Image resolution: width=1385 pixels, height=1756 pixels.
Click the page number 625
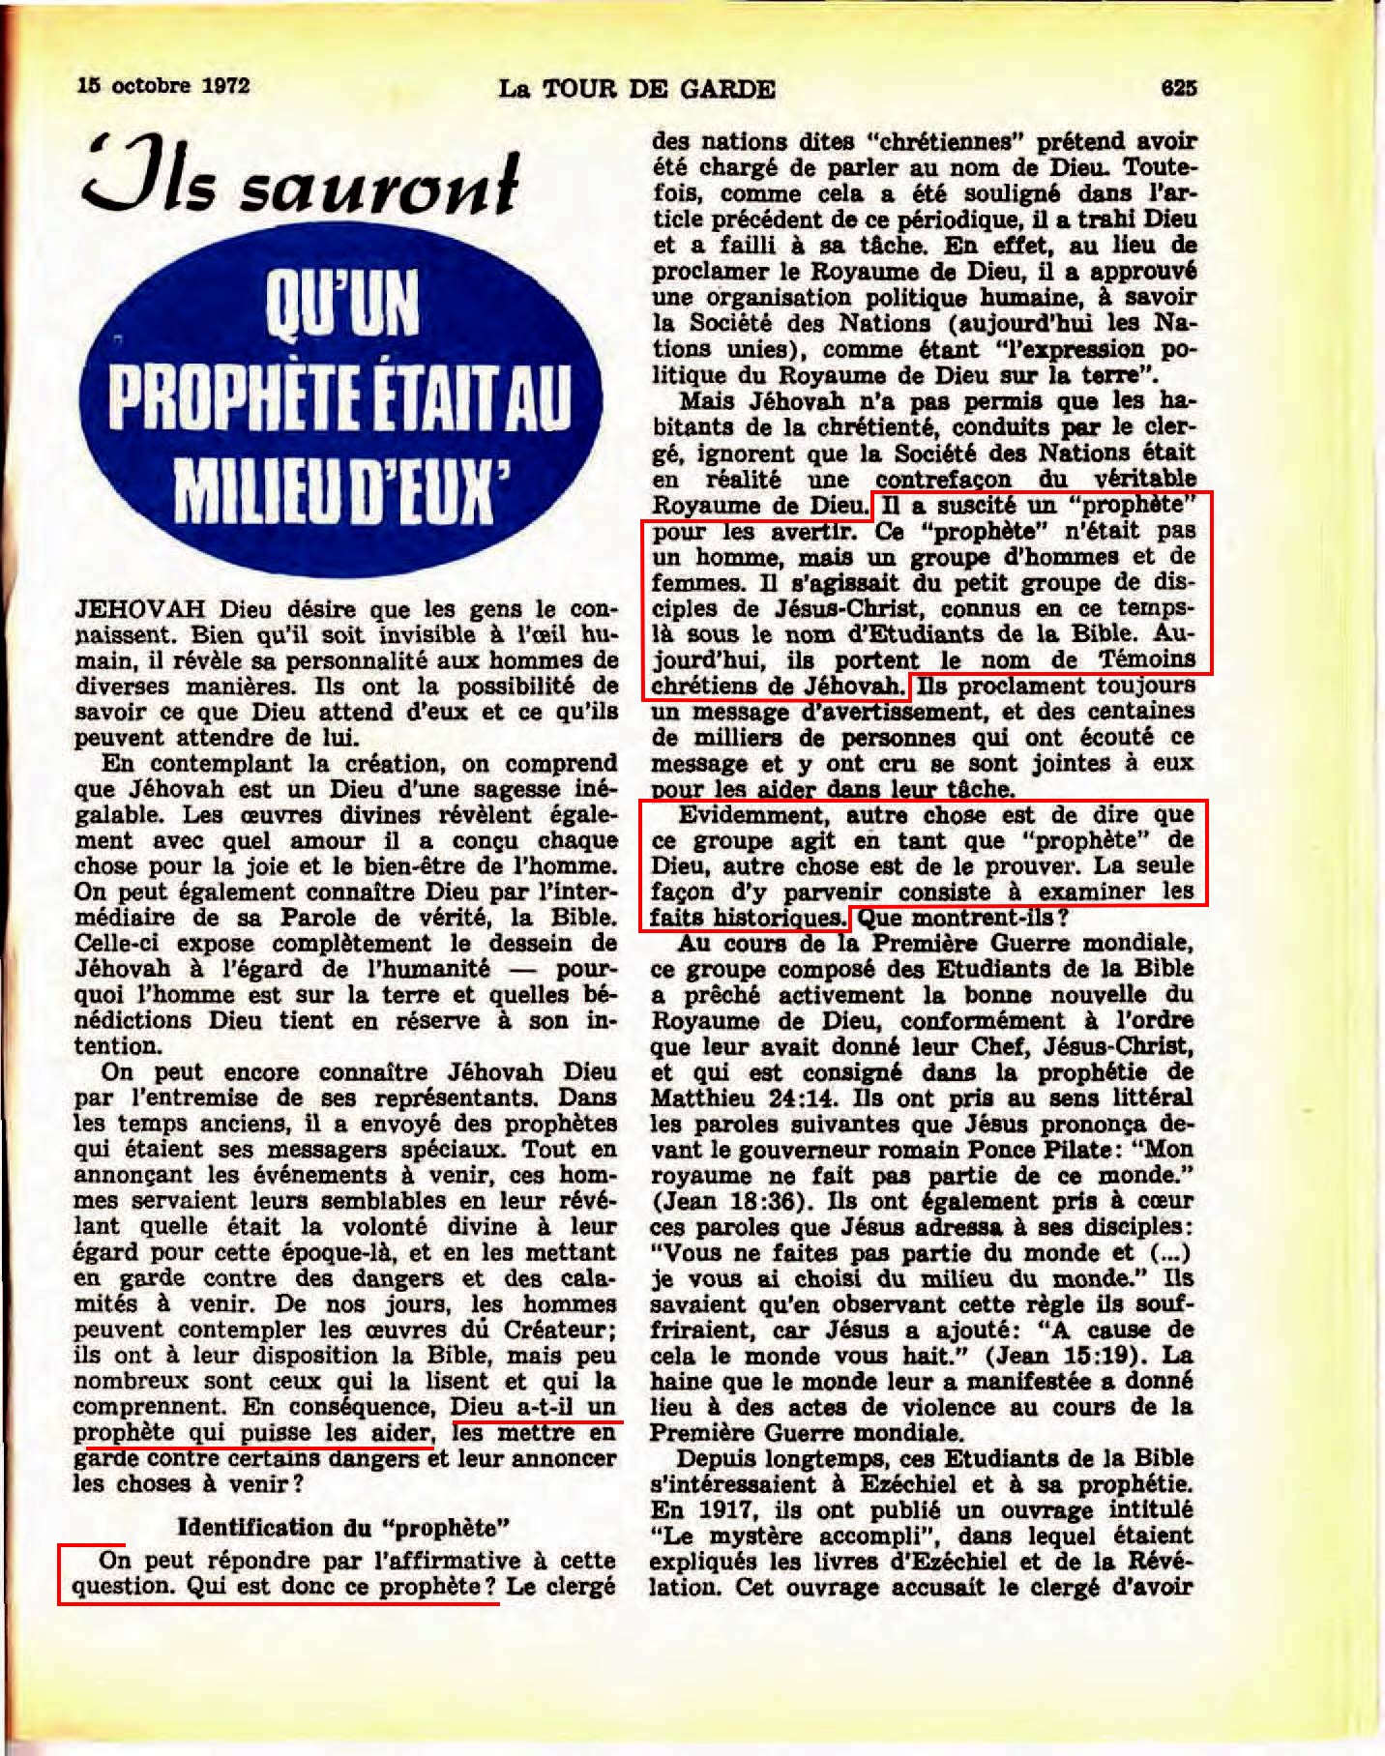[1180, 88]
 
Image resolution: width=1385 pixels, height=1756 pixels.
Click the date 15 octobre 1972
[163, 86]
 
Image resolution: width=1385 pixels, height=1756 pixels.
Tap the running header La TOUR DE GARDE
[636, 90]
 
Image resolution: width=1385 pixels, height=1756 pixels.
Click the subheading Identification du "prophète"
[343, 1527]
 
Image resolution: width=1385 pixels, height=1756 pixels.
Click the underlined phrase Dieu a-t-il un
[534, 1408]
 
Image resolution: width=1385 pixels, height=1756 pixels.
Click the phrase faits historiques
[746, 918]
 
